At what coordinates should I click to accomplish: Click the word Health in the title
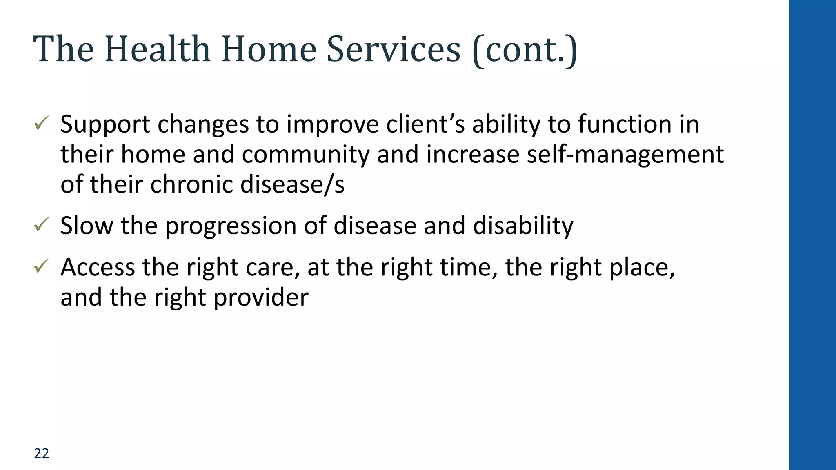coord(157,49)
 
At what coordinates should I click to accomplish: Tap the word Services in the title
coord(394,49)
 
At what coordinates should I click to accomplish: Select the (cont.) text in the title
coord(525,50)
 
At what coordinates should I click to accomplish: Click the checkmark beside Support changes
coord(41,123)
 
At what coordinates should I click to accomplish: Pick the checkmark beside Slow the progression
coord(41,224)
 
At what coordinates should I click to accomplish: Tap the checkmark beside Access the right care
coord(41,266)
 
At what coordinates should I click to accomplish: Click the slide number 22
coord(41,453)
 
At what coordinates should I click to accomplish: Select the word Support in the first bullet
coord(105,124)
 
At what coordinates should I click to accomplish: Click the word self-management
coord(625,154)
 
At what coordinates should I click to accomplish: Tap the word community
coord(305,155)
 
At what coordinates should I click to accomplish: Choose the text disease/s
coord(292,184)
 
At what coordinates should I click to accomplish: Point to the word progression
coord(231,226)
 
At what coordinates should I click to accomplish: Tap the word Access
coord(98,267)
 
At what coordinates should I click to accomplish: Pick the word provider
coord(261,297)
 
